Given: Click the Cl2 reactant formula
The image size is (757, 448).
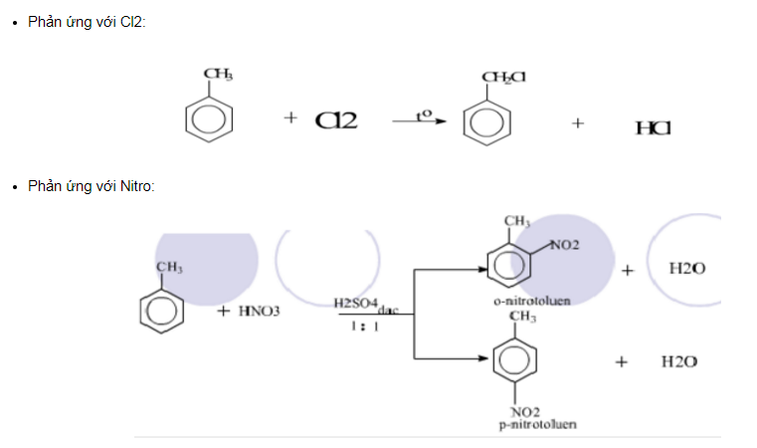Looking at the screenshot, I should pyautogui.click(x=337, y=120).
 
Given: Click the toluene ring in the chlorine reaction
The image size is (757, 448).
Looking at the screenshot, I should pyautogui.click(x=210, y=117).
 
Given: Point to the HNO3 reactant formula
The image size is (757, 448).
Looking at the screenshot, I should pyautogui.click(x=260, y=312).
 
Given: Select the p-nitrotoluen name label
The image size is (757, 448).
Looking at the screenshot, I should pyautogui.click(x=538, y=425).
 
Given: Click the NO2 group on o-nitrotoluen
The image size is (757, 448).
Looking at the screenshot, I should pyautogui.click(x=563, y=245).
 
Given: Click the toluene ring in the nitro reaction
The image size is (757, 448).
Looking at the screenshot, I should pyautogui.click(x=162, y=311).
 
